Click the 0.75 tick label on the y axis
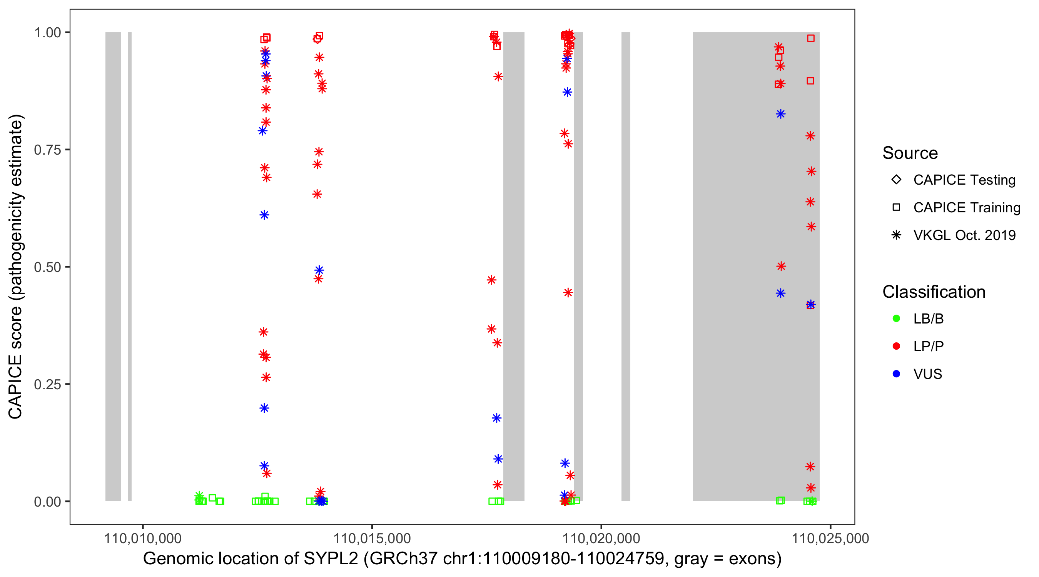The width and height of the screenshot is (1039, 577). click(47, 150)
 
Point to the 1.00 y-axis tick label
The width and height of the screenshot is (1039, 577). click(47, 33)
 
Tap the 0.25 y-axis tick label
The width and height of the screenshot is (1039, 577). click(47, 384)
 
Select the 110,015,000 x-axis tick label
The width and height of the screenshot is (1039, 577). click(371, 538)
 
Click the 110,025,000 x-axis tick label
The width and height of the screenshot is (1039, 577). click(830, 538)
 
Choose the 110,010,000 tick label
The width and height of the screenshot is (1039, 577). click(142, 538)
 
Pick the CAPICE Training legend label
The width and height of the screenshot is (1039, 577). click(966, 208)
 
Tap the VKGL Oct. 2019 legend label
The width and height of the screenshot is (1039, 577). click(964, 235)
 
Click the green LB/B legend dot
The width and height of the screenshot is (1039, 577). click(896, 319)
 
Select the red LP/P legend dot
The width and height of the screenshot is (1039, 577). click(896, 347)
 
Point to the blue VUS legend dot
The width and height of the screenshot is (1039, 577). click(896, 374)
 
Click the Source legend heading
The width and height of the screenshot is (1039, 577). click(910, 153)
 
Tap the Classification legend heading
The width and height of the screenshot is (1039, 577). click(933, 292)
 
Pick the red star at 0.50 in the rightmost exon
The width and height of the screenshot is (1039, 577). click(781, 267)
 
